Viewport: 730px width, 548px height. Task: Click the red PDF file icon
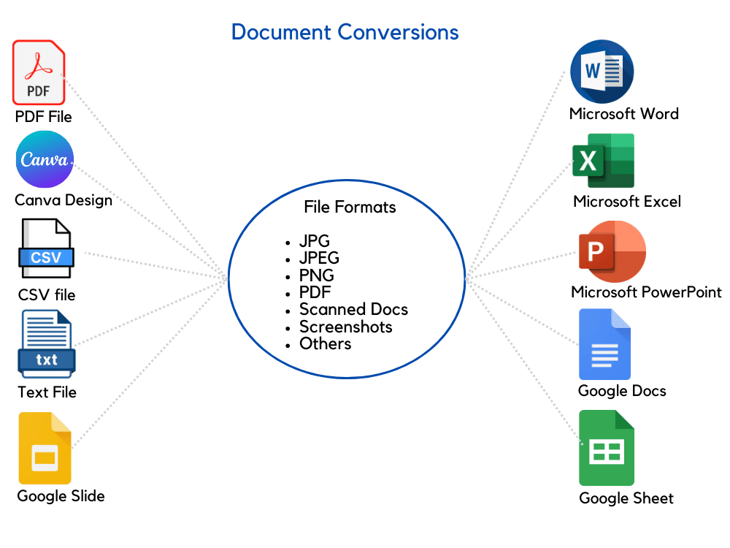coord(39,72)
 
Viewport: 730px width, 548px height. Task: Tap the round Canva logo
coord(45,159)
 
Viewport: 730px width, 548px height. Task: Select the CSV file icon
coord(46,248)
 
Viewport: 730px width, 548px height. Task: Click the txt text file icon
coord(47,344)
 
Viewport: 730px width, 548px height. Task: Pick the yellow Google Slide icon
coord(45,449)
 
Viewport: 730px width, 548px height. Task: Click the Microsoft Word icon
coord(602,72)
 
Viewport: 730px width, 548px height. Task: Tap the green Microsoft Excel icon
coord(604,161)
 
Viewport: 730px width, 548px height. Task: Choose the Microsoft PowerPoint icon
coord(612,251)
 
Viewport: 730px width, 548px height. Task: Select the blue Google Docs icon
coord(604,344)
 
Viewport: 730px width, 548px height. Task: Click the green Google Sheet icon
coord(607,448)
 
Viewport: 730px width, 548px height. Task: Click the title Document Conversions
coord(345,32)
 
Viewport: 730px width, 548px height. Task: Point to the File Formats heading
coord(350,207)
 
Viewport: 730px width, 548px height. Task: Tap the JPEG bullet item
coord(319,258)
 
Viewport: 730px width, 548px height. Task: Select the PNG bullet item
coord(317,275)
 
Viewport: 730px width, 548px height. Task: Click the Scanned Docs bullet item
coord(353,309)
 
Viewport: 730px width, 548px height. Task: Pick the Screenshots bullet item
coord(346,327)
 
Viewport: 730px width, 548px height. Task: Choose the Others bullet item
coord(326,343)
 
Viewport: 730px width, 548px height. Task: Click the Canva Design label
coord(64,200)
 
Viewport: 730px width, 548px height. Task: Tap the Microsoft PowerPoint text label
coord(646,292)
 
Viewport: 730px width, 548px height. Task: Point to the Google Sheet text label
coord(626,498)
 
